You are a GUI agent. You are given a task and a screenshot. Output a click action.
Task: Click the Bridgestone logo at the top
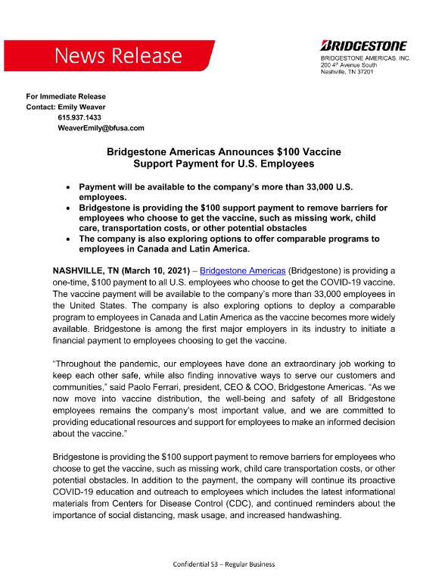pos(364,45)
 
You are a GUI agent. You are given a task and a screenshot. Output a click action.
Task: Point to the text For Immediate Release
pos(66,96)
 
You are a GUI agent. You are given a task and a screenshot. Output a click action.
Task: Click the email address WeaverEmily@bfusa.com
pos(101,128)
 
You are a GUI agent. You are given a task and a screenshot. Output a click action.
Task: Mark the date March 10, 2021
pos(156,270)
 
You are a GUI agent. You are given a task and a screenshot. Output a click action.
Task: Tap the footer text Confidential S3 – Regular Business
pos(224,564)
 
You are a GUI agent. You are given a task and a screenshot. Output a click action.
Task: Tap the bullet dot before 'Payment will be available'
pos(69,186)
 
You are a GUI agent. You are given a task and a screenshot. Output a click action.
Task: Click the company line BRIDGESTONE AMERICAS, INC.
pos(366,58)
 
